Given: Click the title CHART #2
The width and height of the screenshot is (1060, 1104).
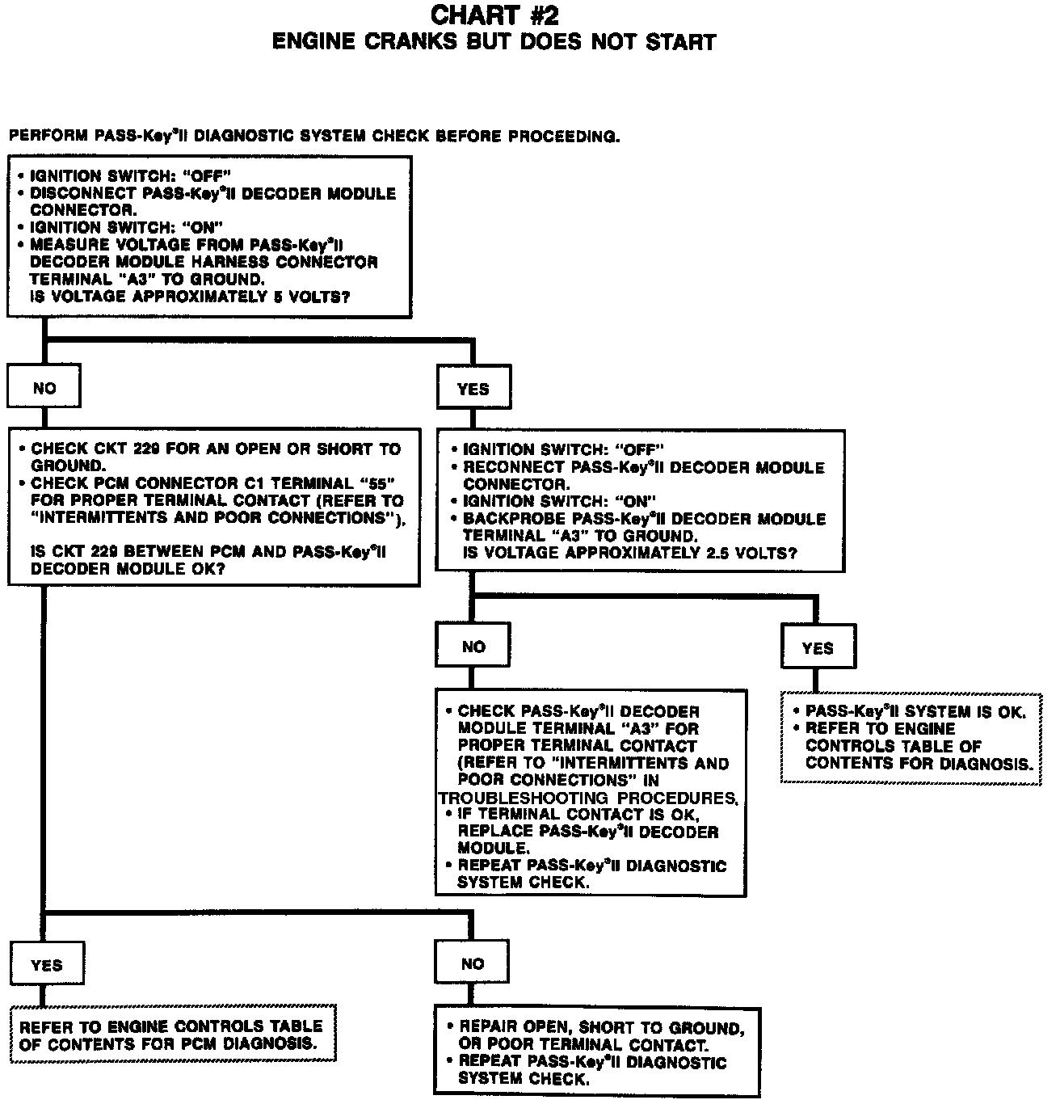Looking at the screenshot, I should (494, 15).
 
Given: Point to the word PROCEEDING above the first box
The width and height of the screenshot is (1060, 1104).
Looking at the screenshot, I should (563, 137).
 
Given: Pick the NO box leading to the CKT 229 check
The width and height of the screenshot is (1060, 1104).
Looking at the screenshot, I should (44, 389).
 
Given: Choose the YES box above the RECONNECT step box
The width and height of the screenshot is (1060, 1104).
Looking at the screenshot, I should (473, 389).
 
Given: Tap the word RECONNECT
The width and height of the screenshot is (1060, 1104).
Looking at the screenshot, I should (514, 468).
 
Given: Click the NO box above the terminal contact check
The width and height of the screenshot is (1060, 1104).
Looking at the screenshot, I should (473, 647).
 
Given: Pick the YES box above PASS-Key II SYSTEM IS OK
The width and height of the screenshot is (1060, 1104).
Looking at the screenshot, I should (818, 648).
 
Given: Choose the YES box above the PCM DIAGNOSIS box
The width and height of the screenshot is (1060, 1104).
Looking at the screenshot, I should (46, 965).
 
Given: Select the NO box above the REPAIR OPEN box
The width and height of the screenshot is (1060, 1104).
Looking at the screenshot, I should (473, 963).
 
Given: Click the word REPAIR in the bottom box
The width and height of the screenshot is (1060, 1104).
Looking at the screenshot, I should (488, 1028).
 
